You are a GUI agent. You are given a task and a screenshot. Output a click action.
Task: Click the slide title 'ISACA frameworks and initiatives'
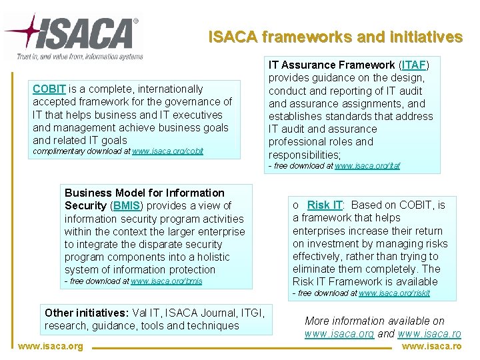pyautogui.click(x=335, y=37)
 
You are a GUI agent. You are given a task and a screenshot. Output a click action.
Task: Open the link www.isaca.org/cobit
pyautogui.click(x=167, y=152)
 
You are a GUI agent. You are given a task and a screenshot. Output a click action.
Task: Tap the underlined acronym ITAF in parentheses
pyautogui.click(x=413, y=65)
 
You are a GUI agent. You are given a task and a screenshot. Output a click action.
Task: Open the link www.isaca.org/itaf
pyautogui.click(x=367, y=166)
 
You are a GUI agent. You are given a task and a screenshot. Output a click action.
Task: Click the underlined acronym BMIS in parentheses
pyautogui.click(x=127, y=206)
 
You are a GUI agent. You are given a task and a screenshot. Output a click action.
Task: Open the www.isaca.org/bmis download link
pyautogui.click(x=166, y=281)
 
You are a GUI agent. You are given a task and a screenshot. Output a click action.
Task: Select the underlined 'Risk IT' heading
pyautogui.click(x=325, y=205)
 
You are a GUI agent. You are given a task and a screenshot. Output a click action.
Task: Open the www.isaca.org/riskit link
pyautogui.click(x=394, y=293)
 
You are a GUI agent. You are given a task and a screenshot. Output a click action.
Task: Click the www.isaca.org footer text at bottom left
pyautogui.click(x=51, y=347)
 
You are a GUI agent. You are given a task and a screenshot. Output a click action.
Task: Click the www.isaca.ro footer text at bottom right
pyautogui.click(x=431, y=347)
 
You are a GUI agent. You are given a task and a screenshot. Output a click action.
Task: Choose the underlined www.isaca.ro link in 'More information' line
pyautogui.click(x=429, y=333)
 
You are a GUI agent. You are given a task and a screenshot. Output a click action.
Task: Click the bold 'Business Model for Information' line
pyautogui.click(x=144, y=193)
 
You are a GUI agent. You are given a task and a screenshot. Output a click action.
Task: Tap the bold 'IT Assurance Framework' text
pyautogui.click(x=331, y=65)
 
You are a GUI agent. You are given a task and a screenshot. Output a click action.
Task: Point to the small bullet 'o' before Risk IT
pyautogui.click(x=296, y=205)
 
